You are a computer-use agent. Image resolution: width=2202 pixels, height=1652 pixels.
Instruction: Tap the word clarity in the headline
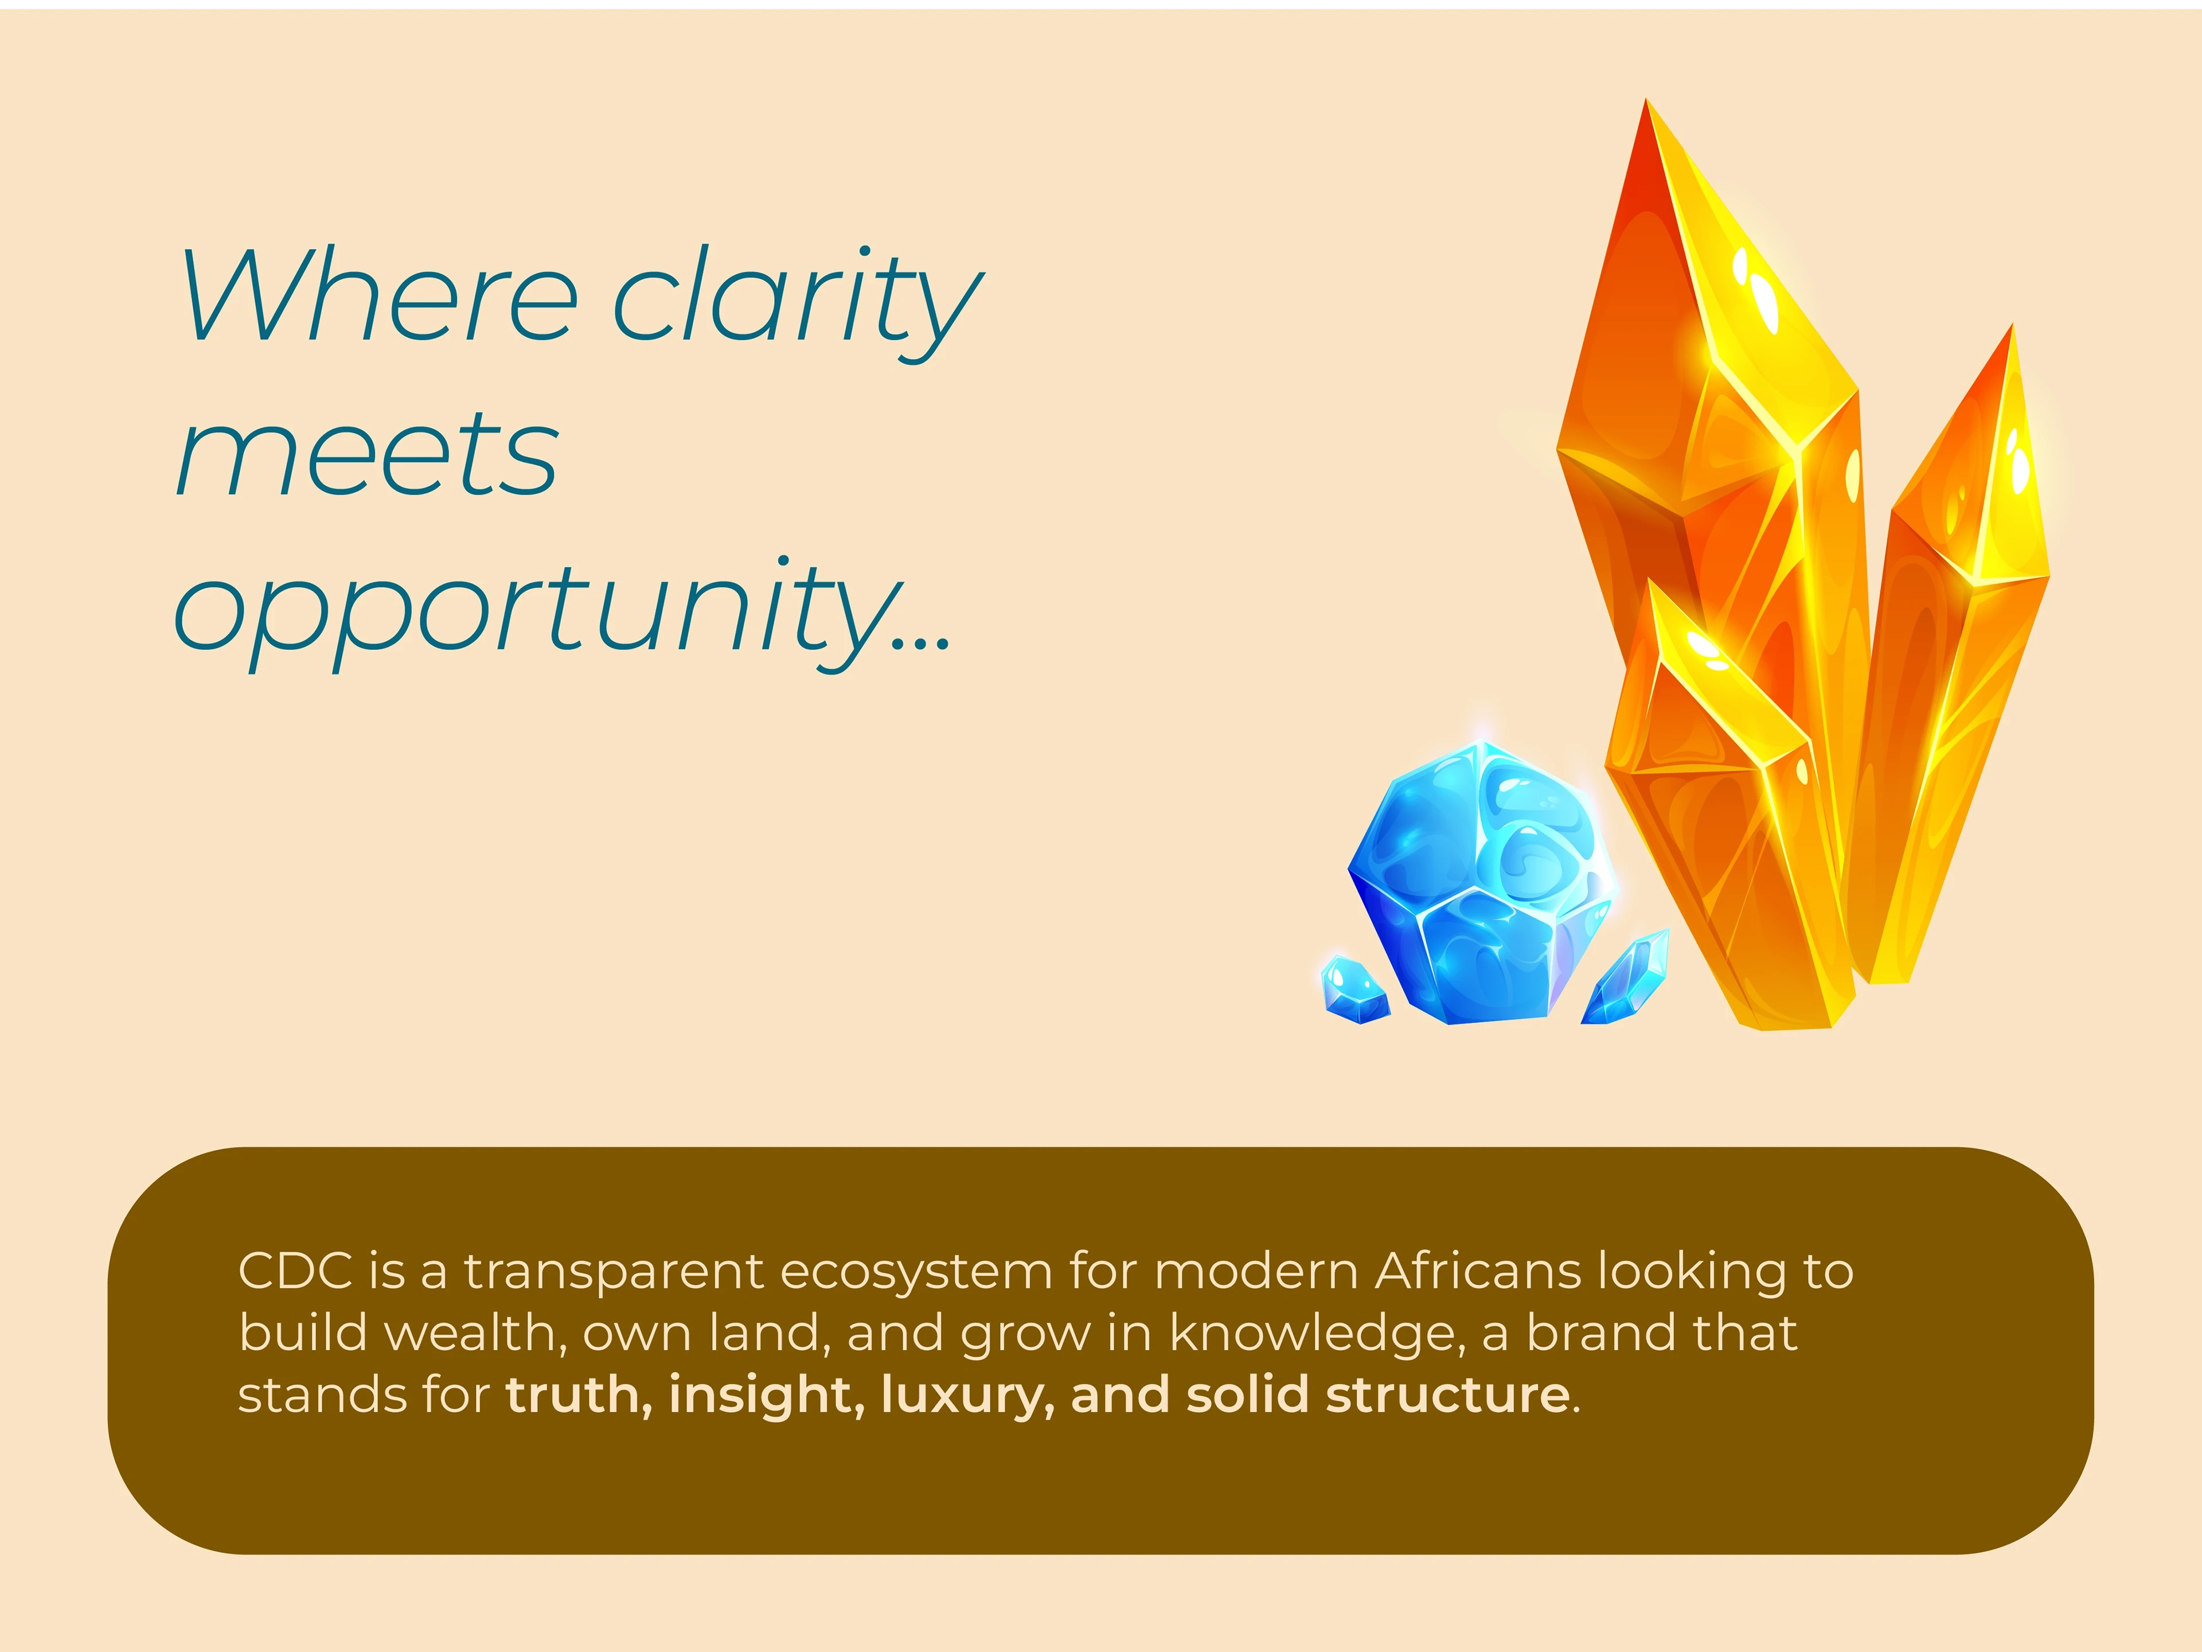pyautogui.click(x=797, y=303)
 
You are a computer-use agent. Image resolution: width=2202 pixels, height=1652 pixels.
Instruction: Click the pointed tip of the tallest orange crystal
pyautogui.click(x=1646, y=100)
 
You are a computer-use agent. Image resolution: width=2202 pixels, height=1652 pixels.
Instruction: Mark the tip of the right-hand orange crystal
pyautogui.click(x=2013, y=324)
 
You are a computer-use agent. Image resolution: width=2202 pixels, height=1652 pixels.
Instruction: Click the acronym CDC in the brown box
pyautogui.click(x=296, y=1272)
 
